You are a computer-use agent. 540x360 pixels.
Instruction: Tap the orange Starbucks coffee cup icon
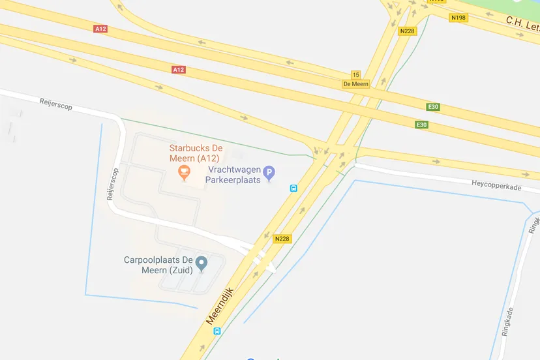point(184,172)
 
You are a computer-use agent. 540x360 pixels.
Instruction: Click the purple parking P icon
point(269,173)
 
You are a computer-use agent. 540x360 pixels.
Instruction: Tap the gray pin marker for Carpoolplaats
point(202,263)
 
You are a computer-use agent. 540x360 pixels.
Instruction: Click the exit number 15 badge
point(355,75)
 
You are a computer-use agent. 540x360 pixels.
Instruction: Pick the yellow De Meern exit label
point(355,84)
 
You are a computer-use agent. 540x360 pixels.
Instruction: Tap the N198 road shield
point(458,18)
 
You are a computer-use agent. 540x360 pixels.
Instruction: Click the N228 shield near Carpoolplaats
point(282,239)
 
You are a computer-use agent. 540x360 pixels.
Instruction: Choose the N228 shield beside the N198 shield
point(408,31)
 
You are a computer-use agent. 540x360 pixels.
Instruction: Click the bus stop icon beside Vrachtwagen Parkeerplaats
point(293,188)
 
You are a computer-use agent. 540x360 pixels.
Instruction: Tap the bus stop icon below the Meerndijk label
point(217,331)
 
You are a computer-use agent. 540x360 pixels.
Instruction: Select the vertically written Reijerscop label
point(112,184)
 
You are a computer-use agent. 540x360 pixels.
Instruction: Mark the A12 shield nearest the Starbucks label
point(179,69)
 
